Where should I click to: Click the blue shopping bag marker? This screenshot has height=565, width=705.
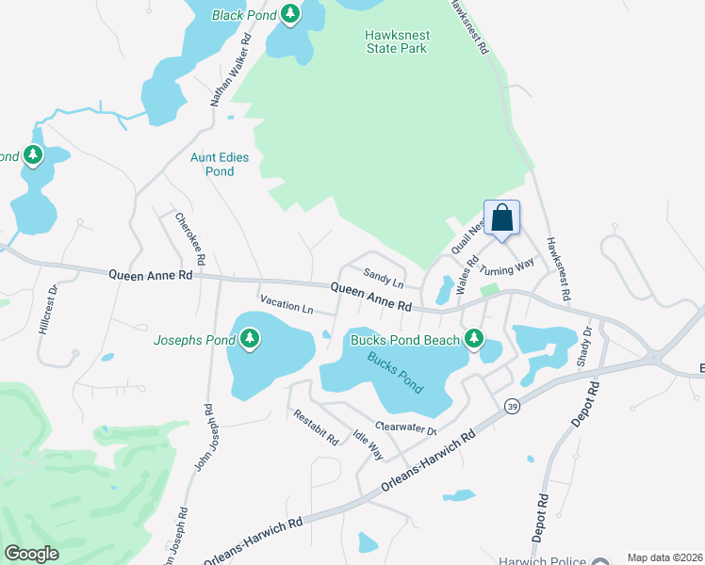point(502,218)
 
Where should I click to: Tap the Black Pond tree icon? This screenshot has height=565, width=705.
point(291,14)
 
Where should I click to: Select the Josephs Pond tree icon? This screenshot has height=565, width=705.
point(250,338)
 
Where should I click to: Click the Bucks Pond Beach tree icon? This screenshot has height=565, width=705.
point(473,338)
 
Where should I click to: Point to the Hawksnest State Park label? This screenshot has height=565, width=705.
point(396,41)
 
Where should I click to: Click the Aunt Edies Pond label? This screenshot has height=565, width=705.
point(220,165)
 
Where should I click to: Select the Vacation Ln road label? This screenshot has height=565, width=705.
point(287,306)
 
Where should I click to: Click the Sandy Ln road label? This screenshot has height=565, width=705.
point(384,280)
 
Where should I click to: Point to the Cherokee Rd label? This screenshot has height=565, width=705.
point(190,238)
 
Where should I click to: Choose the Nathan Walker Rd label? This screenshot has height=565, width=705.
point(235,76)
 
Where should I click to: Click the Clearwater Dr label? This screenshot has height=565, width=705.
point(406,428)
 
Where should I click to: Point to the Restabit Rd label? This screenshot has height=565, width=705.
point(315,427)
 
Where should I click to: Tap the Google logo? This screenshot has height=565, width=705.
point(32,554)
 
